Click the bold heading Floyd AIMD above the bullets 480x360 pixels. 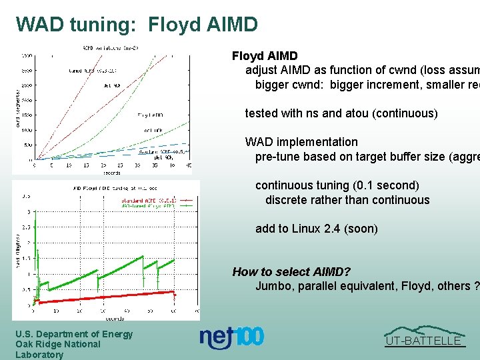point(265,56)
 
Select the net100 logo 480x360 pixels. point(232,338)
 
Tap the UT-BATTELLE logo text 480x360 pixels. point(424,341)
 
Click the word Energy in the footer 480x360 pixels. point(116,334)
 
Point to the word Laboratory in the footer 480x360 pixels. point(39,355)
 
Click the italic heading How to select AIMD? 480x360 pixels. point(291,271)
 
